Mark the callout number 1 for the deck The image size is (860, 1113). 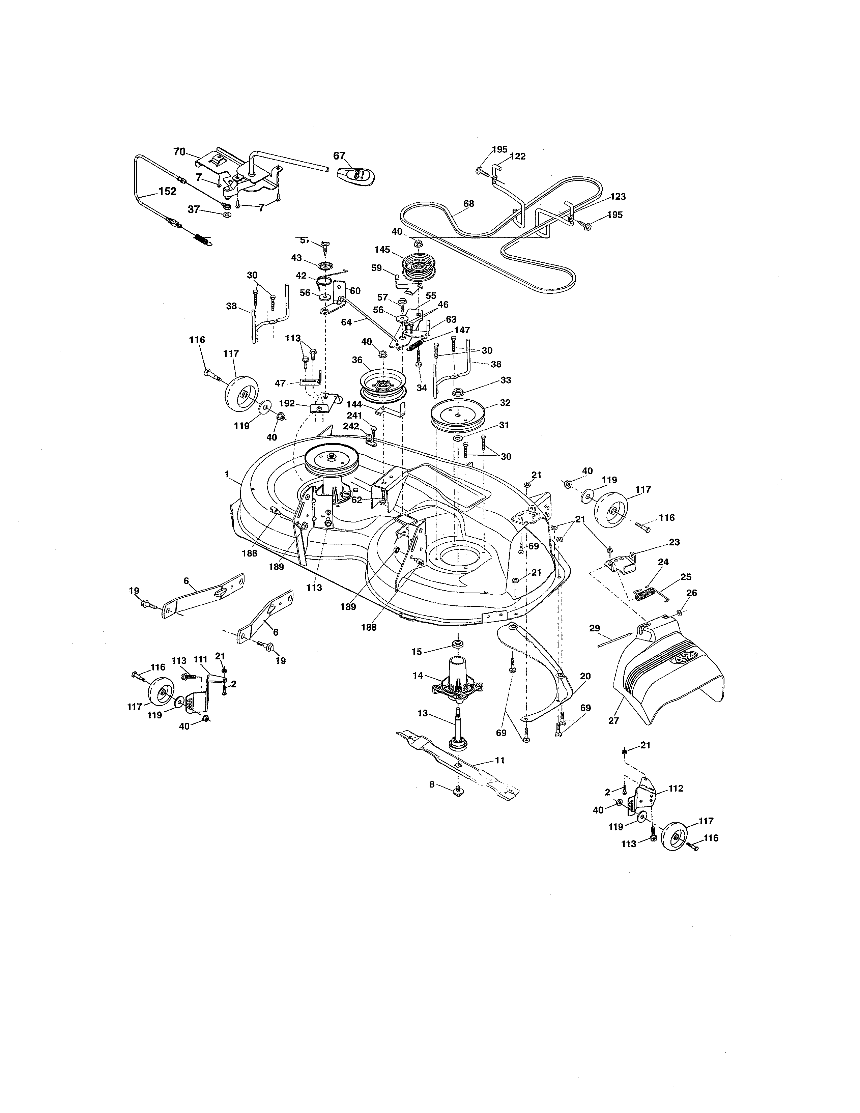tap(227, 474)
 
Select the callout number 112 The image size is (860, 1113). tap(676, 789)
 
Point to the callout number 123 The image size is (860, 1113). tap(618, 196)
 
